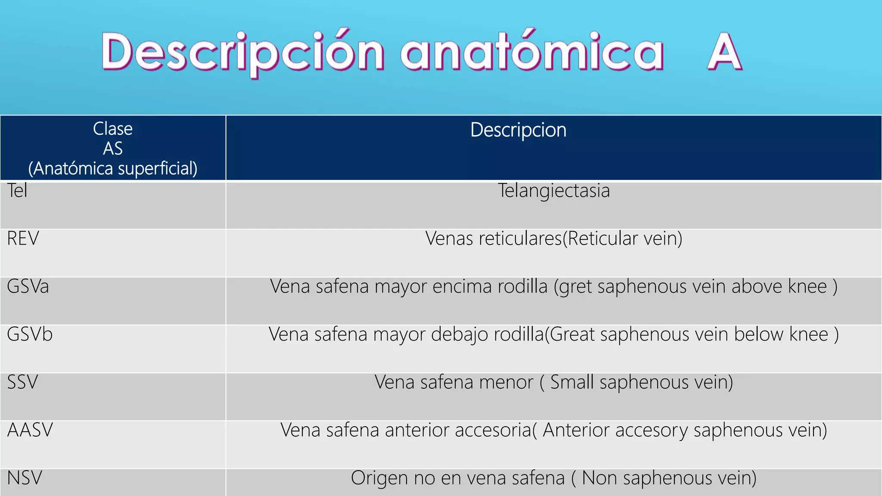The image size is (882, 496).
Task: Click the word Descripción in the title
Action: tap(242, 53)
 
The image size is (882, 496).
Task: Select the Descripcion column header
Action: tap(518, 130)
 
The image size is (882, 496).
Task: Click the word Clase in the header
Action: tap(113, 129)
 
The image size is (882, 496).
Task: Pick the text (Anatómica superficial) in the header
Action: tap(113, 168)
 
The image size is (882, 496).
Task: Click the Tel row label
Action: tap(17, 191)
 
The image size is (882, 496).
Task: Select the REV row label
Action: tap(23, 239)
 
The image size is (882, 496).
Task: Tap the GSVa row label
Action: tap(28, 287)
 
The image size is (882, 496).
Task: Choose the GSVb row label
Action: tap(30, 335)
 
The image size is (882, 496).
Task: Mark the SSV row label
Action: tap(22, 382)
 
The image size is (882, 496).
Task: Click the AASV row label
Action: tap(30, 430)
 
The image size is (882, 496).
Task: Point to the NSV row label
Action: tap(25, 478)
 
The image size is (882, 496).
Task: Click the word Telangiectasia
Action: tap(554, 191)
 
